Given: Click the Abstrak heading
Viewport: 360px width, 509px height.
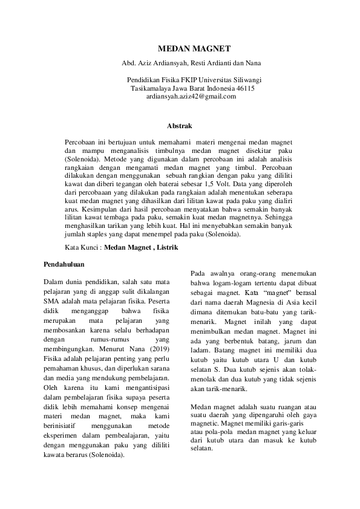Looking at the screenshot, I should pyautogui.click(x=179, y=126).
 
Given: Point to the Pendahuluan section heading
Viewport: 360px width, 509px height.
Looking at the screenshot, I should pyautogui.click(x=64, y=264).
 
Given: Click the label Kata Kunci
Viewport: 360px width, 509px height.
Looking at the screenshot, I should pyautogui.click(x=82, y=248).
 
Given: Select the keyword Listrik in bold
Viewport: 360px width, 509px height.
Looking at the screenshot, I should pyautogui.click(x=167, y=248).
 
